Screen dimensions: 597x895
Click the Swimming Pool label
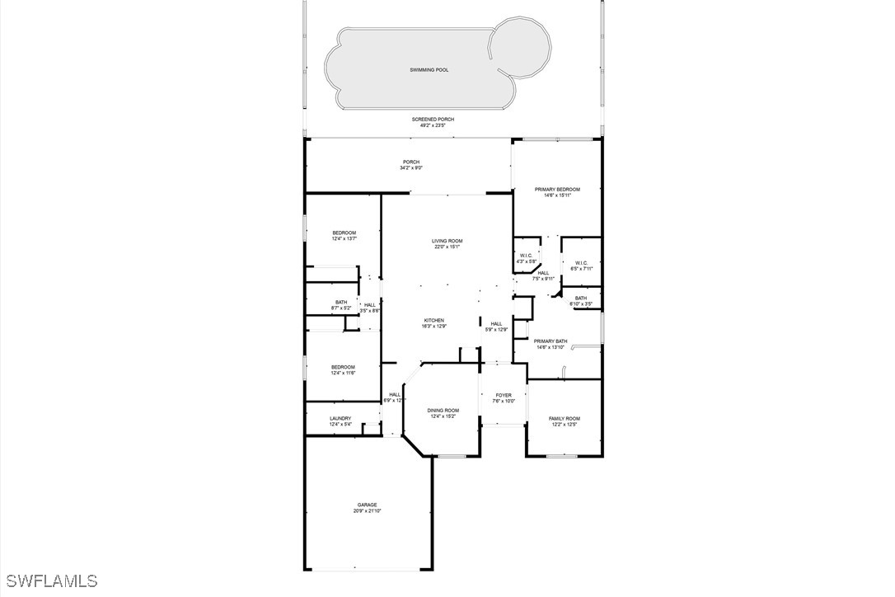pyautogui.click(x=429, y=70)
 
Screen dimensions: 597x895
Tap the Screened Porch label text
pyautogui.click(x=433, y=120)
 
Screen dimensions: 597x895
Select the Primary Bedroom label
pyautogui.click(x=557, y=190)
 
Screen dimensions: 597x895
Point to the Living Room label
pyautogui.click(x=447, y=241)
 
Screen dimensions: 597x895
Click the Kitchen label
pyautogui.click(x=434, y=321)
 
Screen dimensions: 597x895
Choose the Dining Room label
pyautogui.click(x=443, y=411)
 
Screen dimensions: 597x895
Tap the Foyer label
pyautogui.click(x=504, y=396)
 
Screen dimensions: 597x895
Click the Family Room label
pyautogui.click(x=565, y=419)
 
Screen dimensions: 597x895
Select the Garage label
pyautogui.click(x=367, y=505)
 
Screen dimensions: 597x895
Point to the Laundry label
pyautogui.click(x=340, y=419)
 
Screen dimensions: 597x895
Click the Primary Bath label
pyautogui.click(x=550, y=341)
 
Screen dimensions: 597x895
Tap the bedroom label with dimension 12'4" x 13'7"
pyautogui.click(x=344, y=233)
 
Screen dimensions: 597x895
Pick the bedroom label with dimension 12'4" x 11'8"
pyautogui.click(x=343, y=367)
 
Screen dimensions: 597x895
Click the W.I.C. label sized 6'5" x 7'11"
pyautogui.click(x=581, y=264)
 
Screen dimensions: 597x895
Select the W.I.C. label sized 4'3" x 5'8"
pyautogui.click(x=527, y=256)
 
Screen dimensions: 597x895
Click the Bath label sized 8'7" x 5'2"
pyautogui.click(x=341, y=303)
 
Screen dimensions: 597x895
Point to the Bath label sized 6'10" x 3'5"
pyautogui.click(x=581, y=298)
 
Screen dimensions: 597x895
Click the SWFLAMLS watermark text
pyautogui.click(x=50, y=581)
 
